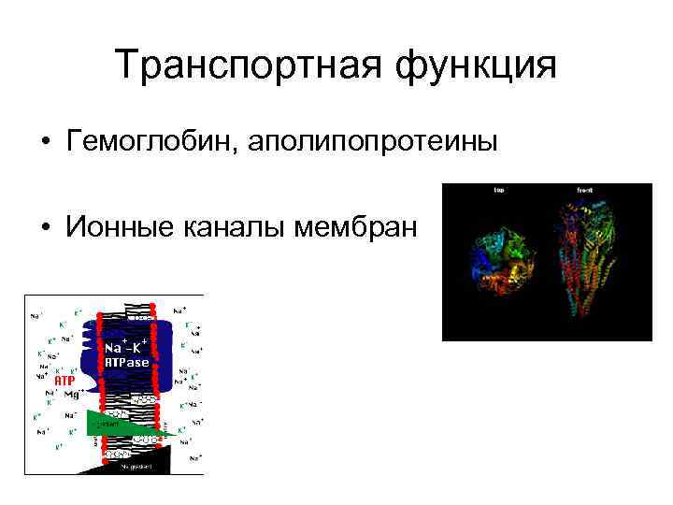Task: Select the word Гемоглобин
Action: (150, 142)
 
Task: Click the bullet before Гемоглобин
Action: (45, 143)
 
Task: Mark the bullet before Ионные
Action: (45, 227)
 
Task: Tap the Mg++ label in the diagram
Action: (73, 395)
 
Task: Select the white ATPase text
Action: (126, 362)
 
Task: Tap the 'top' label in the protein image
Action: (499, 190)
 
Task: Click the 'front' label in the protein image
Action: (584, 190)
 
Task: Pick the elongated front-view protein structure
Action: (585, 257)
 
